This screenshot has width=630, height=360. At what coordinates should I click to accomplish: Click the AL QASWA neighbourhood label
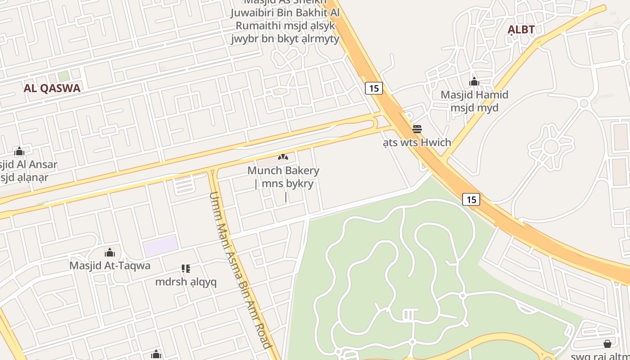click(52, 88)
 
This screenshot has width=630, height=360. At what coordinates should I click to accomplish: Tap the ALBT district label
click(521, 30)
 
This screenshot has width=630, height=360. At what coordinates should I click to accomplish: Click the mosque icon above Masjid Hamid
click(474, 82)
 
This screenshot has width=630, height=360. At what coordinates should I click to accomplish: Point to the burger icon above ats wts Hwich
click(417, 129)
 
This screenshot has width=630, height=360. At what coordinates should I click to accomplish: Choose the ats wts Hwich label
click(417, 143)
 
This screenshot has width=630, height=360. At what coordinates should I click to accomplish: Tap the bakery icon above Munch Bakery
click(283, 157)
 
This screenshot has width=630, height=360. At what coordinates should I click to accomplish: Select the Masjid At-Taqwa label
click(110, 265)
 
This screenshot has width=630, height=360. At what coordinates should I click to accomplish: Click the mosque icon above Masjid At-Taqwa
click(110, 252)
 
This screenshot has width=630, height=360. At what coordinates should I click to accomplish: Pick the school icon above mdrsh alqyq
click(186, 269)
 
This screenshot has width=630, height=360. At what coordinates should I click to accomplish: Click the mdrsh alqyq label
click(186, 282)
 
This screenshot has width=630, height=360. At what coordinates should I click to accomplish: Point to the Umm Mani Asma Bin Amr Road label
click(240, 270)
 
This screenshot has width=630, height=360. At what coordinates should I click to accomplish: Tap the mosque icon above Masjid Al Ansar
click(19, 152)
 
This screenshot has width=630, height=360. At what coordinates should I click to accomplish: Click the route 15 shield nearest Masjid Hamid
click(374, 88)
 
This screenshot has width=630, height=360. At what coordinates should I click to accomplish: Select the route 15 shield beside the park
click(471, 199)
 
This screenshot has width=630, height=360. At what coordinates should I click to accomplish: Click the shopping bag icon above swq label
click(607, 344)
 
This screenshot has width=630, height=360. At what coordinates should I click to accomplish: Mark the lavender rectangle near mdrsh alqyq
click(161, 246)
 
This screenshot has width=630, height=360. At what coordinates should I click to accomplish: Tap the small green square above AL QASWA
click(63, 76)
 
